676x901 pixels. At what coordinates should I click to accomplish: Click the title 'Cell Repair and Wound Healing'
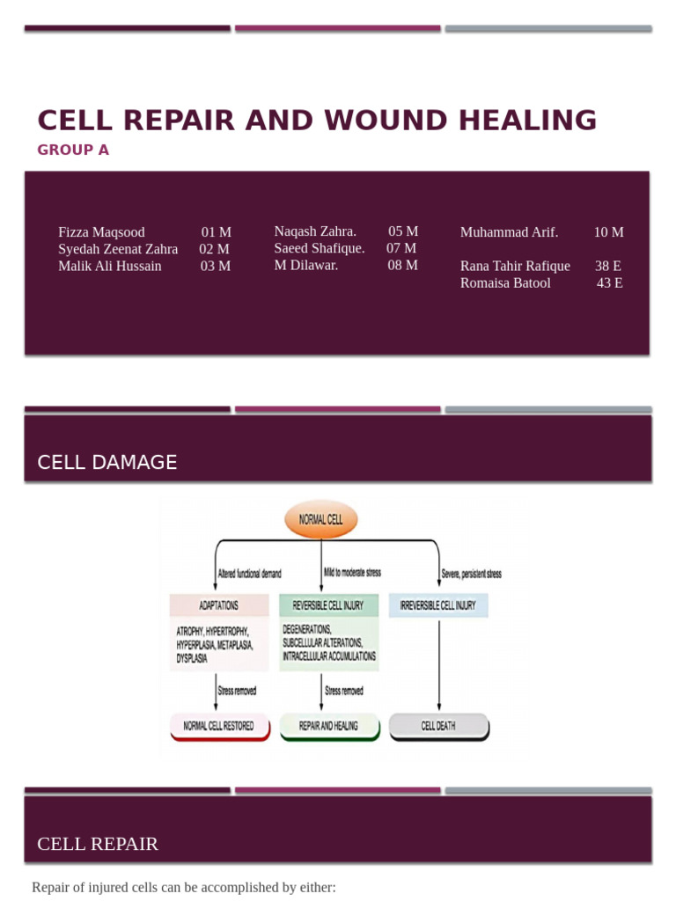click(317, 121)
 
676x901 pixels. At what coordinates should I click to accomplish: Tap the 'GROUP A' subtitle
click(73, 150)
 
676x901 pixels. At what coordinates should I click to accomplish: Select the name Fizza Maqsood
click(101, 232)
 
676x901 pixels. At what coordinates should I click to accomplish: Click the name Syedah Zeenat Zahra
click(118, 249)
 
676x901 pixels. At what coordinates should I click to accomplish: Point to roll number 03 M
click(216, 266)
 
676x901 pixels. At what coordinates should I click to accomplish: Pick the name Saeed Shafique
click(319, 248)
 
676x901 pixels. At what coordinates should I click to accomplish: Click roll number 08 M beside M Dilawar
click(402, 265)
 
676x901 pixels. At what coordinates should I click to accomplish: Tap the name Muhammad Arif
click(509, 232)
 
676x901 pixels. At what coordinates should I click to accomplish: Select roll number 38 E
click(608, 266)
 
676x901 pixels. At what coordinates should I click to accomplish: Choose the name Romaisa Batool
click(505, 282)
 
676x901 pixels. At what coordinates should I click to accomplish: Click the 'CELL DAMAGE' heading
click(107, 462)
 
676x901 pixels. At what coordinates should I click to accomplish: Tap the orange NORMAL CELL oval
click(321, 520)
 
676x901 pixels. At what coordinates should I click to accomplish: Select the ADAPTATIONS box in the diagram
click(219, 605)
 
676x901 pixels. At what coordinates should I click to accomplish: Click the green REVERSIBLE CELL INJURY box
click(328, 605)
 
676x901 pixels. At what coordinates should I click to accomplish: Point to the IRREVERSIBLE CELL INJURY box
click(437, 605)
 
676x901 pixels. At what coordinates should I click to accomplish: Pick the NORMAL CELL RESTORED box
click(219, 726)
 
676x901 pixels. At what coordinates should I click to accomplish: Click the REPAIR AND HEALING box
click(329, 726)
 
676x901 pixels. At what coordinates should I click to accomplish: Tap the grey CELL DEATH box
click(438, 726)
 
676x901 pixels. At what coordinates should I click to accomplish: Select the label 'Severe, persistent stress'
click(471, 575)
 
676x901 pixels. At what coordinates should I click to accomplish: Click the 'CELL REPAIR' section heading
click(98, 844)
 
